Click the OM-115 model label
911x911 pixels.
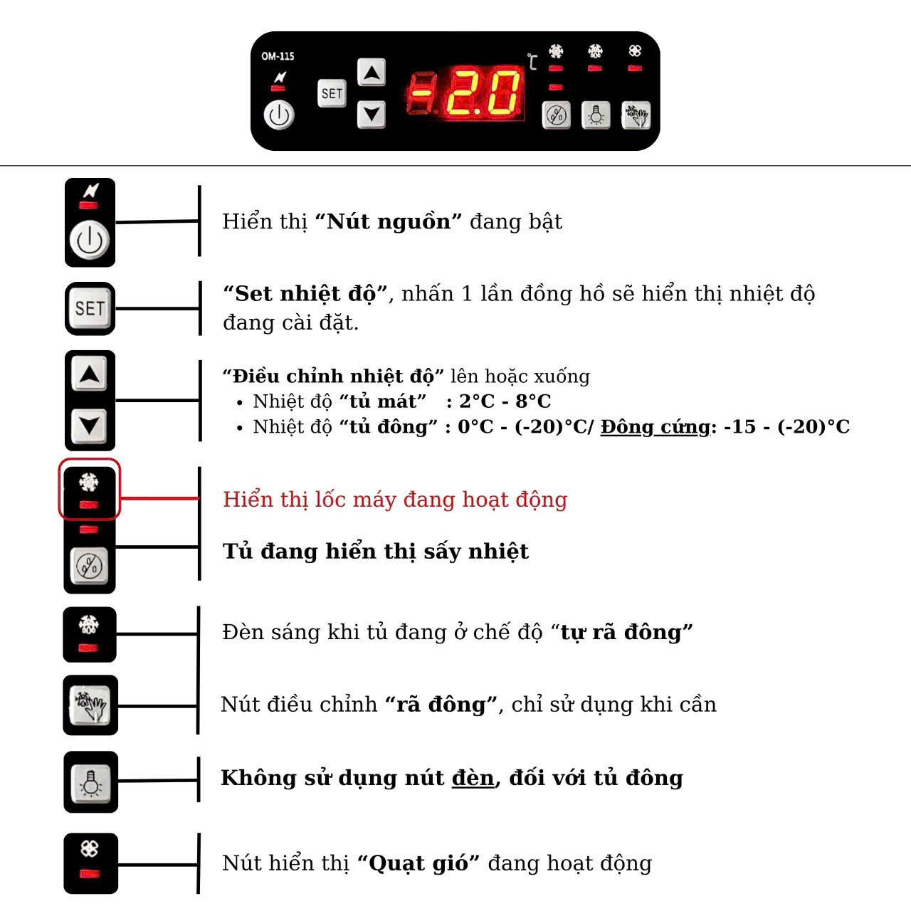tap(278, 56)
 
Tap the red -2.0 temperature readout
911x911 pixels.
tap(465, 93)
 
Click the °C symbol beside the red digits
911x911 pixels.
tap(532, 61)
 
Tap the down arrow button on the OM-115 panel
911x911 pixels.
tap(371, 115)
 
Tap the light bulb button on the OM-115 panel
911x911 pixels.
tap(596, 115)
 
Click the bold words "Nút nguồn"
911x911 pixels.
tap(388, 221)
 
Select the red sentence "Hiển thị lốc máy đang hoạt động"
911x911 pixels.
tap(395, 499)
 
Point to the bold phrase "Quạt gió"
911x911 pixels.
tap(418, 863)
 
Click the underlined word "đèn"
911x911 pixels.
tap(473, 778)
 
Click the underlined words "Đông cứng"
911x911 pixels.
tap(655, 427)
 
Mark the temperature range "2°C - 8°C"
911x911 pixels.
tap(505, 401)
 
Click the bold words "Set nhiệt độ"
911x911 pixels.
tap(305, 293)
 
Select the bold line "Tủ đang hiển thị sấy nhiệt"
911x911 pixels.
tap(376, 552)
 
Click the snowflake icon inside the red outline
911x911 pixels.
tap(88, 483)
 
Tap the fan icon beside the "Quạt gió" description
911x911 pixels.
tap(90, 848)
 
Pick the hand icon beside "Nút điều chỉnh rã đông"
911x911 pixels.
tap(90, 705)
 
